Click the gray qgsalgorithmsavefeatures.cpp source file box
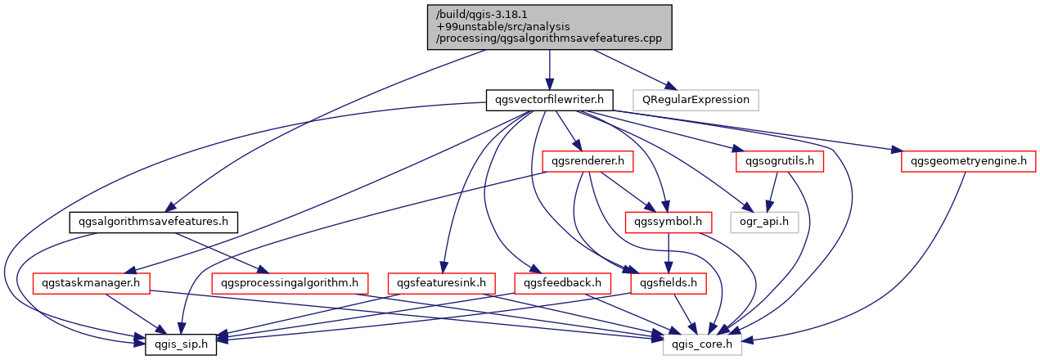549,26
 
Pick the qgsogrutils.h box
779,161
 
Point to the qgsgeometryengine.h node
968,161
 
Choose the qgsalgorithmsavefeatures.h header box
153,222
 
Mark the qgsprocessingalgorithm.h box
288,283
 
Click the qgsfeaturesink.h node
442,283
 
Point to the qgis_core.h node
702,344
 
